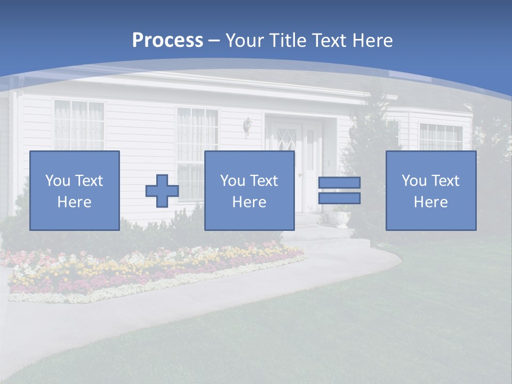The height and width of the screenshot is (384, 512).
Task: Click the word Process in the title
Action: pyautogui.click(x=167, y=41)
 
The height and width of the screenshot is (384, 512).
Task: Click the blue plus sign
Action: pyautogui.click(x=162, y=191)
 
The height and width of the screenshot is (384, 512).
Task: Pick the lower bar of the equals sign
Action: pyautogui.click(x=339, y=198)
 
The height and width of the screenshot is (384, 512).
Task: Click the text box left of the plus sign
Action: pyautogui.click(x=75, y=191)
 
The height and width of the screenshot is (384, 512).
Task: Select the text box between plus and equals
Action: pyautogui.click(x=250, y=191)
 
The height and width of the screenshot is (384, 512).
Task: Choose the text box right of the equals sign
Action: pyautogui.click(x=431, y=191)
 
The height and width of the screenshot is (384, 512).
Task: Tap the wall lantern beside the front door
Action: pyautogui.click(x=247, y=125)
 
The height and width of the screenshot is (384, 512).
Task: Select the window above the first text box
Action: pyautogui.click(x=79, y=125)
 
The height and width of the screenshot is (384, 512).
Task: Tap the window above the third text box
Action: pyautogui.click(x=441, y=137)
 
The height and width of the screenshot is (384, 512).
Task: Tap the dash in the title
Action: pyautogui.click(x=214, y=41)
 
